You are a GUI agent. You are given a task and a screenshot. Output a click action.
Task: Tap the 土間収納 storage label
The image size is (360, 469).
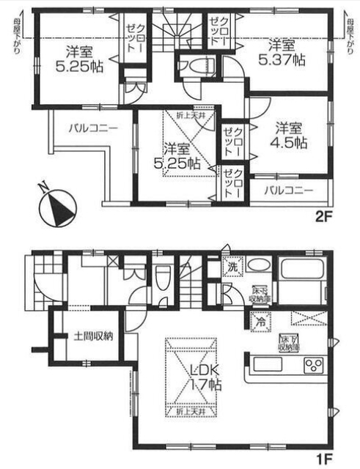click(93, 336)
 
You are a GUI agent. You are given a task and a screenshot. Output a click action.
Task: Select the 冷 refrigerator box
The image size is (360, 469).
click(260, 320)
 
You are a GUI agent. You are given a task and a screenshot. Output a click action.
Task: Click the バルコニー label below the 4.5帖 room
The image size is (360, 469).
click(288, 190)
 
